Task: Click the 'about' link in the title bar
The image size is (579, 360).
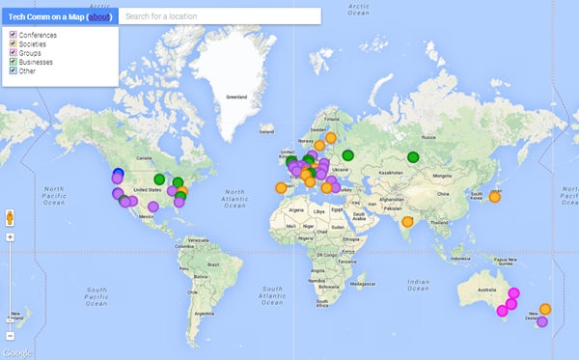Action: tap(99, 17)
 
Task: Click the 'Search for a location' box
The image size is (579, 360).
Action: tap(221, 17)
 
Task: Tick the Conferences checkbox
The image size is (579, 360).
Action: tap(13, 35)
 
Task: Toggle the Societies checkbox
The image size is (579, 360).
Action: tap(13, 43)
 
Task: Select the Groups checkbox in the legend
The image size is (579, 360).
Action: tap(13, 52)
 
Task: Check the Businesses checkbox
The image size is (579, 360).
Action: tap(13, 61)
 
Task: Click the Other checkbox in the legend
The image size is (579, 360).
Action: tap(13, 69)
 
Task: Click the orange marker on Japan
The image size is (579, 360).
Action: tap(495, 197)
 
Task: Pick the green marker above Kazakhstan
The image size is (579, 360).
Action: tap(414, 157)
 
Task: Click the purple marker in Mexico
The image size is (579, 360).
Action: tap(153, 207)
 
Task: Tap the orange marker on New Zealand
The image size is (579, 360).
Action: tap(545, 310)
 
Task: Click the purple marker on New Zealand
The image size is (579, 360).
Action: tap(541, 322)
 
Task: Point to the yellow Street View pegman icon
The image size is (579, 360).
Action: tap(10, 216)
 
